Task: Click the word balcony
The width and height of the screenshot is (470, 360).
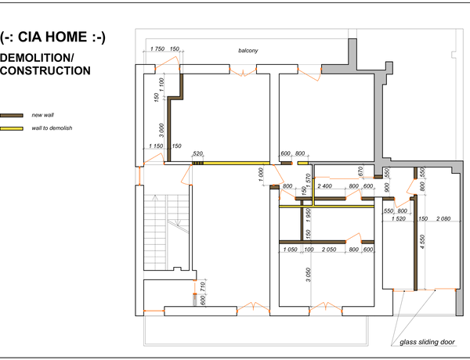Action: pyautogui.click(x=248, y=51)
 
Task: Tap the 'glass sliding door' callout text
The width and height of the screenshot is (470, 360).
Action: pyautogui.click(x=427, y=342)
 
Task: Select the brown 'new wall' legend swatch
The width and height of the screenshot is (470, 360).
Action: pyautogui.click(x=12, y=115)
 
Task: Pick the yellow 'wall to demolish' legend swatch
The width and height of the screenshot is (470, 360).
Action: pyautogui.click(x=12, y=128)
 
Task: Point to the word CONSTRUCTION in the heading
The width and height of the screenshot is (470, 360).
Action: pyautogui.click(x=45, y=70)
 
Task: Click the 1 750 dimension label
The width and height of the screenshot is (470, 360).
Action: pyautogui.click(x=157, y=49)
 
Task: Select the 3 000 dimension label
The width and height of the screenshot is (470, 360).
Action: pyautogui.click(x=161, y=130)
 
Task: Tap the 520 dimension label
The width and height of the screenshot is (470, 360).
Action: pyautogui.click(x=198, y=153)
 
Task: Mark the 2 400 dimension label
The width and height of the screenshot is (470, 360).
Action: pyautogui.click(x=324, y=186)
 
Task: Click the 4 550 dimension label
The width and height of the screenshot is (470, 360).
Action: pyautogui.click(x=422, y=243)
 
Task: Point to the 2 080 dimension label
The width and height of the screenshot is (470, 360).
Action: pyautogui.click(x=443, y=218)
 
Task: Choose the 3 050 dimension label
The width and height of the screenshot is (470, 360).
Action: pyautogui.click(x=309, y=275)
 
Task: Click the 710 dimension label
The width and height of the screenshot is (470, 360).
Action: pyautogui.click(x=203, y=286)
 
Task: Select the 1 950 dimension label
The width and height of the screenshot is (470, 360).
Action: pyautogui.click(x=309, y=216)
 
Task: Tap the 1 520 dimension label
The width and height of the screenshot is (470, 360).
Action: pyautogui.click(x=399, y=218)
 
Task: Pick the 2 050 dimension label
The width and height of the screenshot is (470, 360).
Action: pyautogui.click(x=329, y=250)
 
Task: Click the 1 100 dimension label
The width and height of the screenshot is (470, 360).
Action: pyautogui.click(x=162, y=85)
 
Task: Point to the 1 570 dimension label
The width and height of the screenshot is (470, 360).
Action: pyautogui.click(x=308, y=181)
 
